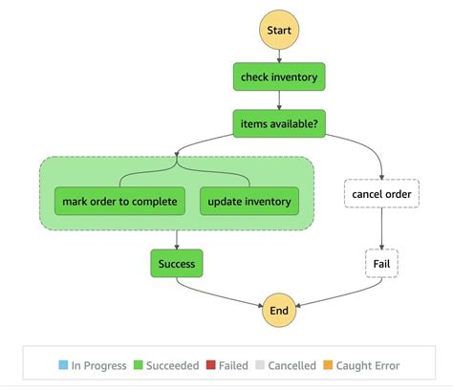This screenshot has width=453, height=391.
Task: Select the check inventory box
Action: click(x=279, y=76)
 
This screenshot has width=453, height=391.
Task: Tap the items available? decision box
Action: click(x=279, y=122)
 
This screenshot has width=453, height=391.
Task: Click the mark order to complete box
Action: click(x=119, y=201)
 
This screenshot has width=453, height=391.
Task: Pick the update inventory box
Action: click(x=248, y=201)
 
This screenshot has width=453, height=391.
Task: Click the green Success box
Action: click(x=178, y=262)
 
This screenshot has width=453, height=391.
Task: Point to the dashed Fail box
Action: click(x=381, y=262)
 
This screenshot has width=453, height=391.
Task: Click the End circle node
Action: click(x=279, y=311)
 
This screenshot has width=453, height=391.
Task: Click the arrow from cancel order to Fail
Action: click(x=381, y=229)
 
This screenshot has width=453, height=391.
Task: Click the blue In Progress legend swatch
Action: click(x=63, y=364)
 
